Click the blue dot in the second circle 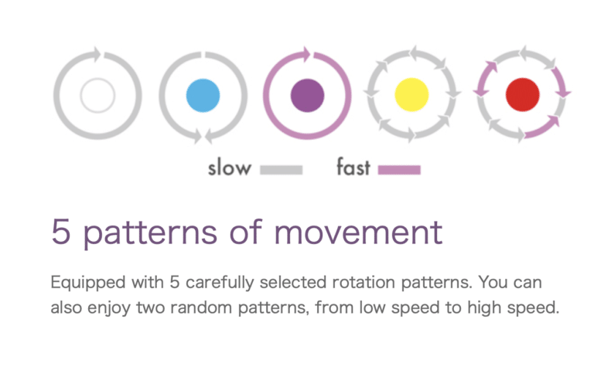pyautogui.click(x=203, y=95)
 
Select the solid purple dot pyautogui.click(x=307, y=95)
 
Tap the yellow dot pyautogui.click(x=411, y=94)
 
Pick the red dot pyautogui.click(x=522, y=94)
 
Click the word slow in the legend pyautogui.click(x=230, y=168)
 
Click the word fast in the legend pyautogui.click(x=353, y=167)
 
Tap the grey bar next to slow pyautogui.click(x=281, y=170)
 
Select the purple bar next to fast pyautogui.click(x=399, y=170)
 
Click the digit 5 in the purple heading pyautogui.click(x=61, y=231)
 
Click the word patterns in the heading pyautogui.click(x=150, y=234)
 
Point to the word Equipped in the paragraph pyautogui.click(x=88, y=283)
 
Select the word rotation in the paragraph pyautogui.click(x=364, y=282)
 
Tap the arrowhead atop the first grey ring pyautogui.click(x=97, y=54)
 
